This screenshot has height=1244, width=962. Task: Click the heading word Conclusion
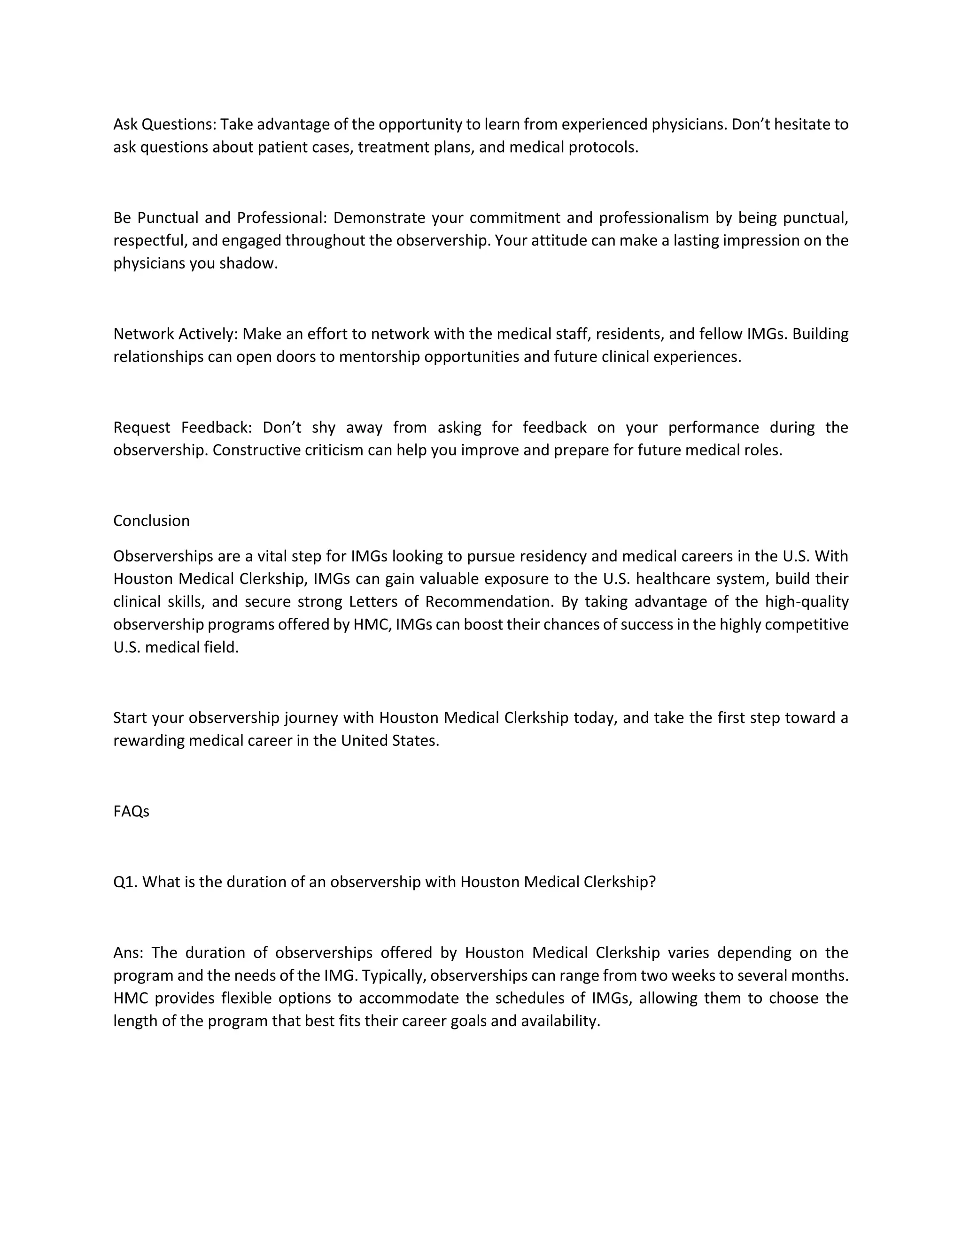tap(151, 521)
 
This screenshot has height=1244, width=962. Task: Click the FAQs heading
tap(131, 811)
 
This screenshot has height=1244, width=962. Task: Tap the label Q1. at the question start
tap(125, 882)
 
